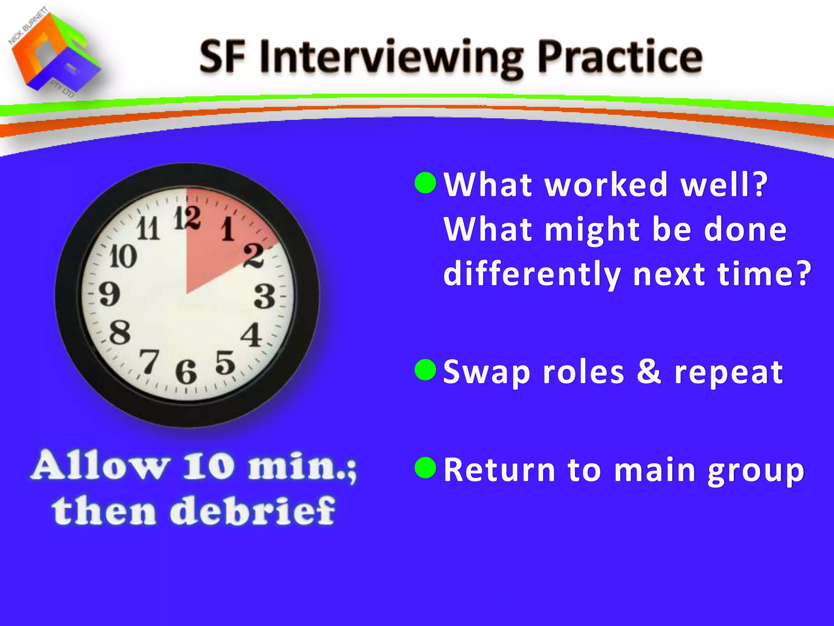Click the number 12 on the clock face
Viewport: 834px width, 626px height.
pyautogui.click(x=187, y=218)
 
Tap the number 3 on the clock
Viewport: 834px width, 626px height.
pyautogui.click(x=265, y=296)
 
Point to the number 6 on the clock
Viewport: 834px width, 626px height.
pyautogui.click(x=186, y=372)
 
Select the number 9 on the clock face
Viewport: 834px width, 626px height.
pyautogui.click(x=110, y=293)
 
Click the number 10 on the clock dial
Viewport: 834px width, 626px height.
pyautogui.click(x=123, y=257)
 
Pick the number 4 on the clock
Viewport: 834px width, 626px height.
pyautogui.click(x=251, y=335)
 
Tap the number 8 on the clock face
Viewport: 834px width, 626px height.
pyautogui.click(x=120, y=332)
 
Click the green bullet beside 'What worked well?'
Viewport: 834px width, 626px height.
pyautogui.click(x=426, y=183)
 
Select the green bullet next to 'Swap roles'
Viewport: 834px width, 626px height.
pyautogui.click(x=426, y=370)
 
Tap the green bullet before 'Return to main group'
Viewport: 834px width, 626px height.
pyautogui.click(x=426, y=467)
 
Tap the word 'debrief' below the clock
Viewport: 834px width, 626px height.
pyautogui.click(x=252, y=511)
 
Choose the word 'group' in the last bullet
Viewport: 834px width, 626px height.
pyautogui.click(x=755, y=470)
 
